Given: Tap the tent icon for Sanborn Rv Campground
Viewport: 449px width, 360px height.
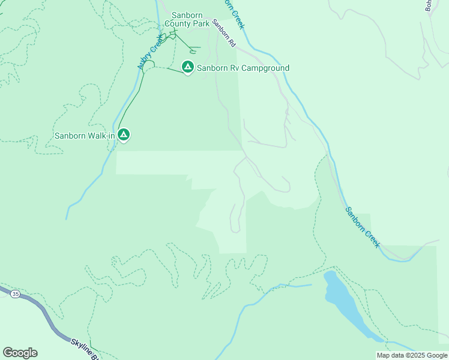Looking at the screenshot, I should [188, 67].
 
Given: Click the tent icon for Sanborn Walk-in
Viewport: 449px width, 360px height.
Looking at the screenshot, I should [124, 134].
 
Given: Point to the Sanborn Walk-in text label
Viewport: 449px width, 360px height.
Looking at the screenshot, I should [85, 136].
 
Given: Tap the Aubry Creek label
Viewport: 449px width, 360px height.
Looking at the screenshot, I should [150, 52].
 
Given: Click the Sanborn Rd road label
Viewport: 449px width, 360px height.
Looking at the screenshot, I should [223, 34].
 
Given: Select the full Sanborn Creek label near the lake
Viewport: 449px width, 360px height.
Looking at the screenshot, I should [363, 227].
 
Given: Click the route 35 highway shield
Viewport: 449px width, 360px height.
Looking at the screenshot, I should [15, 294].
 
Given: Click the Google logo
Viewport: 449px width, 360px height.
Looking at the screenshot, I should [20, 353].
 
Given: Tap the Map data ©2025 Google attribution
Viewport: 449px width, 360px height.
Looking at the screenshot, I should [412, 355].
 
